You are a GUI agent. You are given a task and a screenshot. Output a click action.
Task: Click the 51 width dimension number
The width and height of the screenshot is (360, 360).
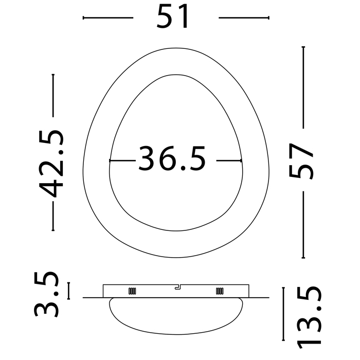173,17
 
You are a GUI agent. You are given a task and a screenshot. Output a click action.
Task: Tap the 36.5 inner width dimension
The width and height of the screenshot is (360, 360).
172,158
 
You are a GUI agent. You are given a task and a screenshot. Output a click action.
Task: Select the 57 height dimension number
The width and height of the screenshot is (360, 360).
301,161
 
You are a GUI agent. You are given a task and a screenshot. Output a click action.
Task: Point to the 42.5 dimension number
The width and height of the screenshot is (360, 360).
51,164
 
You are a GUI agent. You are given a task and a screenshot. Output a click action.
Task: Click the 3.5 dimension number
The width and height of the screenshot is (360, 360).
46,294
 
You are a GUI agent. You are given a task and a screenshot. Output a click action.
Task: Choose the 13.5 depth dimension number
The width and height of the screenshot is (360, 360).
309,318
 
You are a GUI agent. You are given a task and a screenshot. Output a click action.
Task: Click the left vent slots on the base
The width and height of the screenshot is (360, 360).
132,291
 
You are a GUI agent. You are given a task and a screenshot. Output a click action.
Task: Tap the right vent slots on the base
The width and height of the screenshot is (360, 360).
220,291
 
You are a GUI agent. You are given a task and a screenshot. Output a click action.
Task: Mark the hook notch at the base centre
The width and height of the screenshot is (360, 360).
177,287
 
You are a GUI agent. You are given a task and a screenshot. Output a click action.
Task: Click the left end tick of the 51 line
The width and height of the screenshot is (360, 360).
83,17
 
